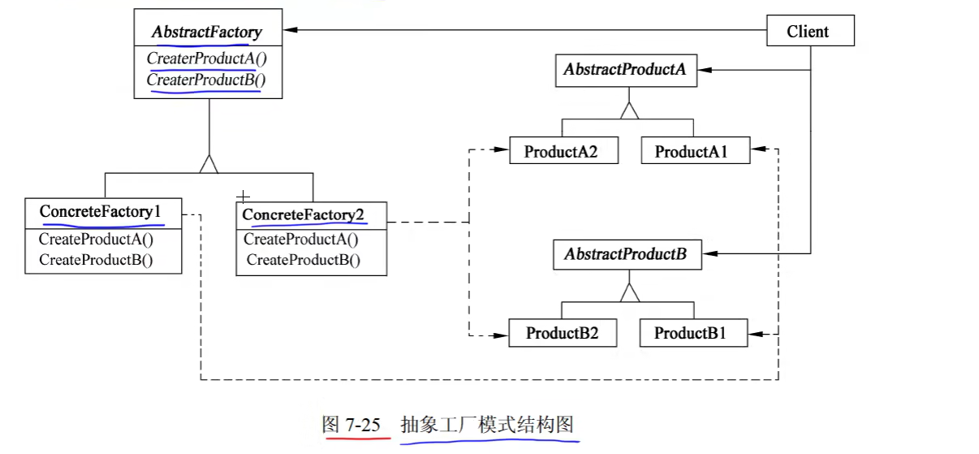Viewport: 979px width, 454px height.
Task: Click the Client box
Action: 809,32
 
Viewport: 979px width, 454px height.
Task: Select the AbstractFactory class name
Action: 207,32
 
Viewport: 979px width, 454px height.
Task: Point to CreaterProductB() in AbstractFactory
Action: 206,80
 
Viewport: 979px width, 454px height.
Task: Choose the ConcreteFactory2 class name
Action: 304,214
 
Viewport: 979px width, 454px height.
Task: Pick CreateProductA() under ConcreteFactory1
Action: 96,239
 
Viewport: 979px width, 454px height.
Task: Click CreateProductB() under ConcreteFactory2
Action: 304,260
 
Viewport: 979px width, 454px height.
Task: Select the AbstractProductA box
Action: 625,70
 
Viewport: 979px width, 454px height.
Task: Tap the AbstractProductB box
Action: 625,254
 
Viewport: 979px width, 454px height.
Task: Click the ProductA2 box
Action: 560,151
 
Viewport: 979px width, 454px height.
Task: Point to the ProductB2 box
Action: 562,333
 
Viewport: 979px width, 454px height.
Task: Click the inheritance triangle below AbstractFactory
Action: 209,164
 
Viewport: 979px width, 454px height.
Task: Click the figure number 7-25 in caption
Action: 361,424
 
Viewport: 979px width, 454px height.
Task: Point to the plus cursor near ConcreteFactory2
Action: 242,197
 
